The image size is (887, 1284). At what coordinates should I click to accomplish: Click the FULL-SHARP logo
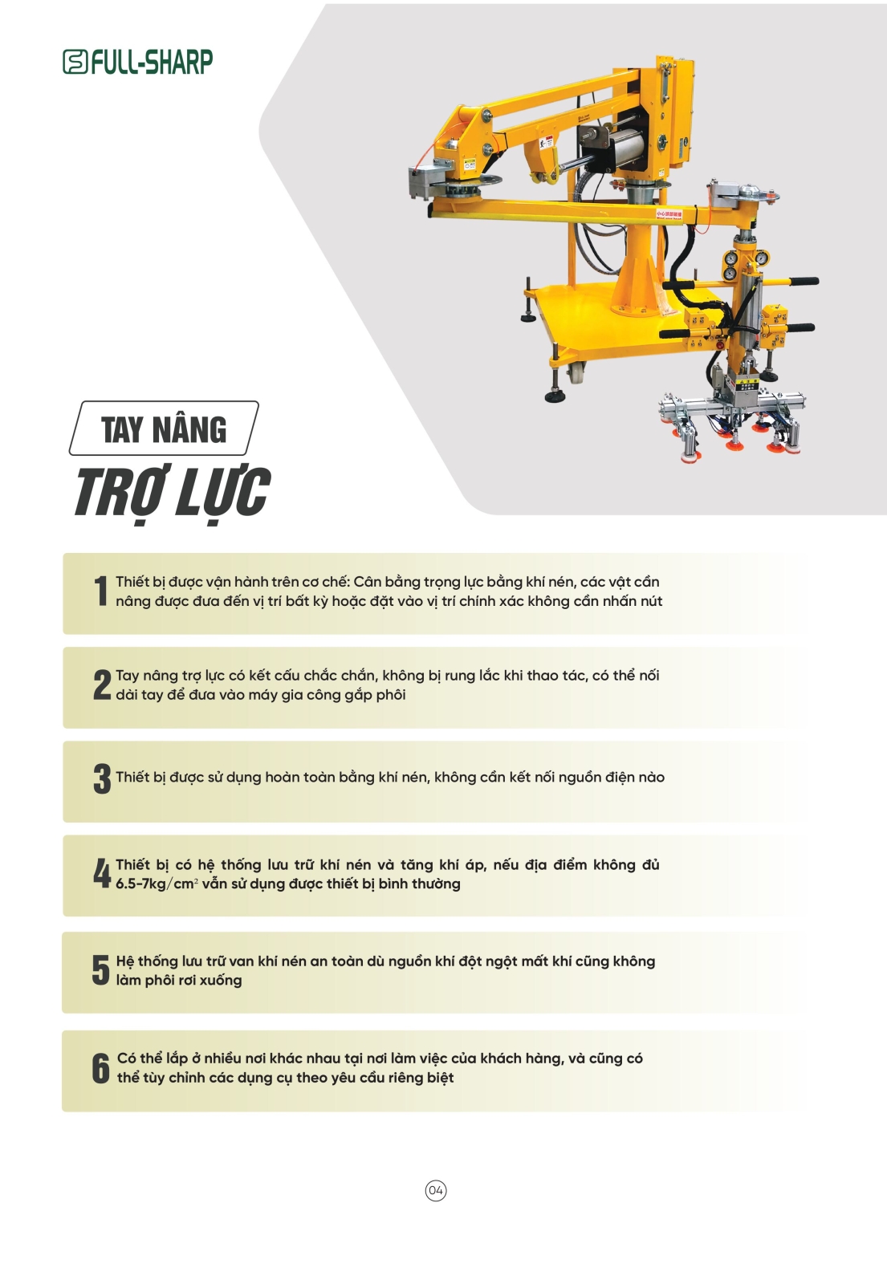point(137,62)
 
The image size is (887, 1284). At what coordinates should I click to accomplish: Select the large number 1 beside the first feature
point(101,591)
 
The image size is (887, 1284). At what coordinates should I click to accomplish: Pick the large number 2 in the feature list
point(102,685)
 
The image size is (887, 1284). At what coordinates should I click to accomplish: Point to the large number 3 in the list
point(102,778)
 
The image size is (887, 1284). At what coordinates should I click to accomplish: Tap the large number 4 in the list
point(102,873)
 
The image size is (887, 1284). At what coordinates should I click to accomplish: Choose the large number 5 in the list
point(101,970)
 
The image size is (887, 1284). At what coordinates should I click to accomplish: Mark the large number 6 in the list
point(101,1068)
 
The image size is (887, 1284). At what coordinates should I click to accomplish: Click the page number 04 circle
point(436,1191)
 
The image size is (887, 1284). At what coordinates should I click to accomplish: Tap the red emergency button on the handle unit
point(720,345)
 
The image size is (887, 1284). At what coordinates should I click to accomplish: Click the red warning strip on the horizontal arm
point(669,214)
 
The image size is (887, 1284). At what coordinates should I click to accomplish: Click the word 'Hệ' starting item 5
point(125,961)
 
